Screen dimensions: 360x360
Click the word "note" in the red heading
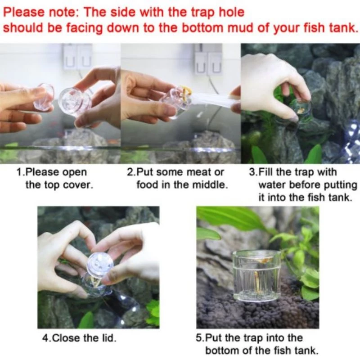click(63, 12)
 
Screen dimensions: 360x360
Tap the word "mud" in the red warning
click(240, 27)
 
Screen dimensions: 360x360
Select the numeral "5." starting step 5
click(200, 338)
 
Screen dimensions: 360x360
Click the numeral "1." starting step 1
click(20, 172)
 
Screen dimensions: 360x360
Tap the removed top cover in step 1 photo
click(44, 96)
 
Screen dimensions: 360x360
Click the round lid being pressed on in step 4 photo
click(100, 265)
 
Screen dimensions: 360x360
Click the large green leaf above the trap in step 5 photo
click(234, 219)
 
